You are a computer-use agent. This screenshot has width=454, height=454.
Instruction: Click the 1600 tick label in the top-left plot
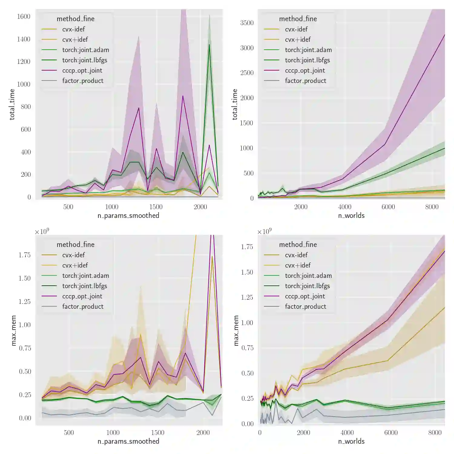tap(24, 17)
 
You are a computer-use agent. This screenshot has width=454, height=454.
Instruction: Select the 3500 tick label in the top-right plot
tap(247, 23)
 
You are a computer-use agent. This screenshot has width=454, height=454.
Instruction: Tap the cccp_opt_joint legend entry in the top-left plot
tap(82, 71)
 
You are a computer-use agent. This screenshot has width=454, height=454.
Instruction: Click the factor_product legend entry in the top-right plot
tap(305, 81)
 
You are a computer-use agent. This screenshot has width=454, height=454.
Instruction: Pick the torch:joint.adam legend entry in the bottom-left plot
tap(85, 276)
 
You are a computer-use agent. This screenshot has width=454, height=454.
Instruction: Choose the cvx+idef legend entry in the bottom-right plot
tap(298, 265)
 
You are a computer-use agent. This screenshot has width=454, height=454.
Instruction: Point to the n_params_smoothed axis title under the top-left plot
tap(128, 215)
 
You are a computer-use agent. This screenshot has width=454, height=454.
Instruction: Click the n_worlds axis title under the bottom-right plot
tap(351, 441)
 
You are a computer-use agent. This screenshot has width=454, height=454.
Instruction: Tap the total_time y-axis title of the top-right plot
tap(235, 104)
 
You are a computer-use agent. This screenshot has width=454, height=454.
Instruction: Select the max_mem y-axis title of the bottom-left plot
tap(14, 330)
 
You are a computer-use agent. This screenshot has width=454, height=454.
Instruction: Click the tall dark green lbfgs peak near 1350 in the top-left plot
tap(209, 45)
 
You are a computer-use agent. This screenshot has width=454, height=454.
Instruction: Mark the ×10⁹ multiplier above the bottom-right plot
tap(264, 232)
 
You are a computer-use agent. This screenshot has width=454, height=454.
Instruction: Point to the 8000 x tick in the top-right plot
tap(432, 207)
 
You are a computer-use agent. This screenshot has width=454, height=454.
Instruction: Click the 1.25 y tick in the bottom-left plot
tap(25, 301)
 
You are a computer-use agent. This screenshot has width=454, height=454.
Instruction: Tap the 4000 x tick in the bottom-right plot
tap(347, 433)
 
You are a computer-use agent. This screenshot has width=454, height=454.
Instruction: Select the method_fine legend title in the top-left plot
tap(75, 19)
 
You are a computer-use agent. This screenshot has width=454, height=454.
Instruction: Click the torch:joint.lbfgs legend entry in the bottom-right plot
tap(307, 286)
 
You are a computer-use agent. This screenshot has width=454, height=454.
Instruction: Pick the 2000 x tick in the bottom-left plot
tap(203, 433)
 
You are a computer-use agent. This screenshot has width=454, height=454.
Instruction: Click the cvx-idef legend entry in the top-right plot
tap(296, 29)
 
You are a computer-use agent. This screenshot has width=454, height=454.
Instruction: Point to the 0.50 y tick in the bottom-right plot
tap(247, 373)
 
